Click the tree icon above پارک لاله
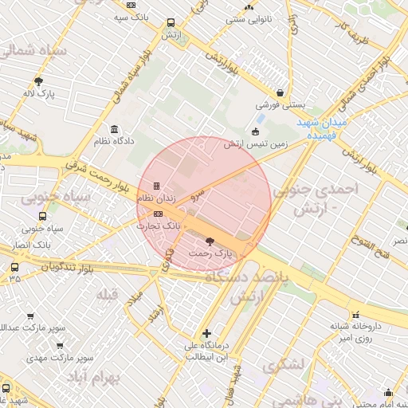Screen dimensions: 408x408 (x=38, y=80)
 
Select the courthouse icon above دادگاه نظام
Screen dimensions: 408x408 (x=116, y=129)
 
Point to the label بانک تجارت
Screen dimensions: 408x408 (x=159, y=226)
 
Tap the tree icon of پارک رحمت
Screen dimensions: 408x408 (x=210, y=240)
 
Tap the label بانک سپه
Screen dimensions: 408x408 (x=131, y=17)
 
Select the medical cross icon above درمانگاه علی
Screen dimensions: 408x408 (x=207, y=333)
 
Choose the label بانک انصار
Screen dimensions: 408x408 (x=25, y=244)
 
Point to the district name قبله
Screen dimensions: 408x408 (x=107, y=296)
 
